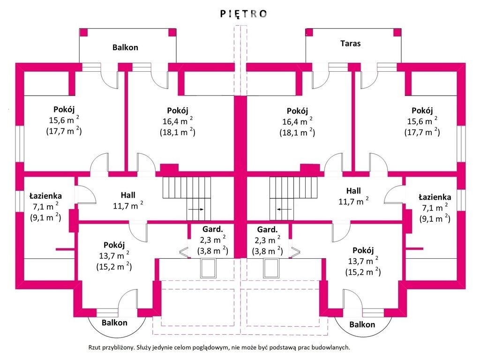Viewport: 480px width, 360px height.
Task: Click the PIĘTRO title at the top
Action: [244, 14]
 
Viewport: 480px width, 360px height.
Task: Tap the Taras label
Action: [350, 43]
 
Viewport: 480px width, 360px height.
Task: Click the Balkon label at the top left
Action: [125, 47]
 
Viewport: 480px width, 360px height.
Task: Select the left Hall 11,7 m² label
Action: [128, 201]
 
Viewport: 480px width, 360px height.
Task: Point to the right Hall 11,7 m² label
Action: [353, 196]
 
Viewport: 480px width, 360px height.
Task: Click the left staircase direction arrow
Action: [196, 210]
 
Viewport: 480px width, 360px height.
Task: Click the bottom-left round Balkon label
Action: [114, 322]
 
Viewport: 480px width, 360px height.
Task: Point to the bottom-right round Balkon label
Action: [362, 324]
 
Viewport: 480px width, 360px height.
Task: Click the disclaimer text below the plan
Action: [219, 347]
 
